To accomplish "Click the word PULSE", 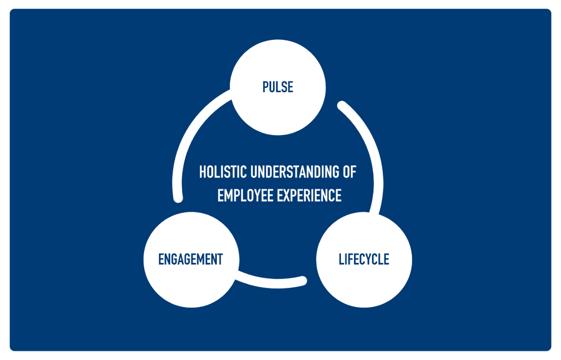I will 278,87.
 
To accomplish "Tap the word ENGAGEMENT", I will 190,259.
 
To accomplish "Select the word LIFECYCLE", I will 364,259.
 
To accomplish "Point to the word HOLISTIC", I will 223,172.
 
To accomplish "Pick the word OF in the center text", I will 349,172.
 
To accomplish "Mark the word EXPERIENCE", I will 308,195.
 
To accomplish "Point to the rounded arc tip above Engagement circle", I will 178,198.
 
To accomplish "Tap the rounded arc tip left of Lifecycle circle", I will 302,281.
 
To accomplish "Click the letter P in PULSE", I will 266,87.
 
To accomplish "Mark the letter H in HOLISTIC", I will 203,172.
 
